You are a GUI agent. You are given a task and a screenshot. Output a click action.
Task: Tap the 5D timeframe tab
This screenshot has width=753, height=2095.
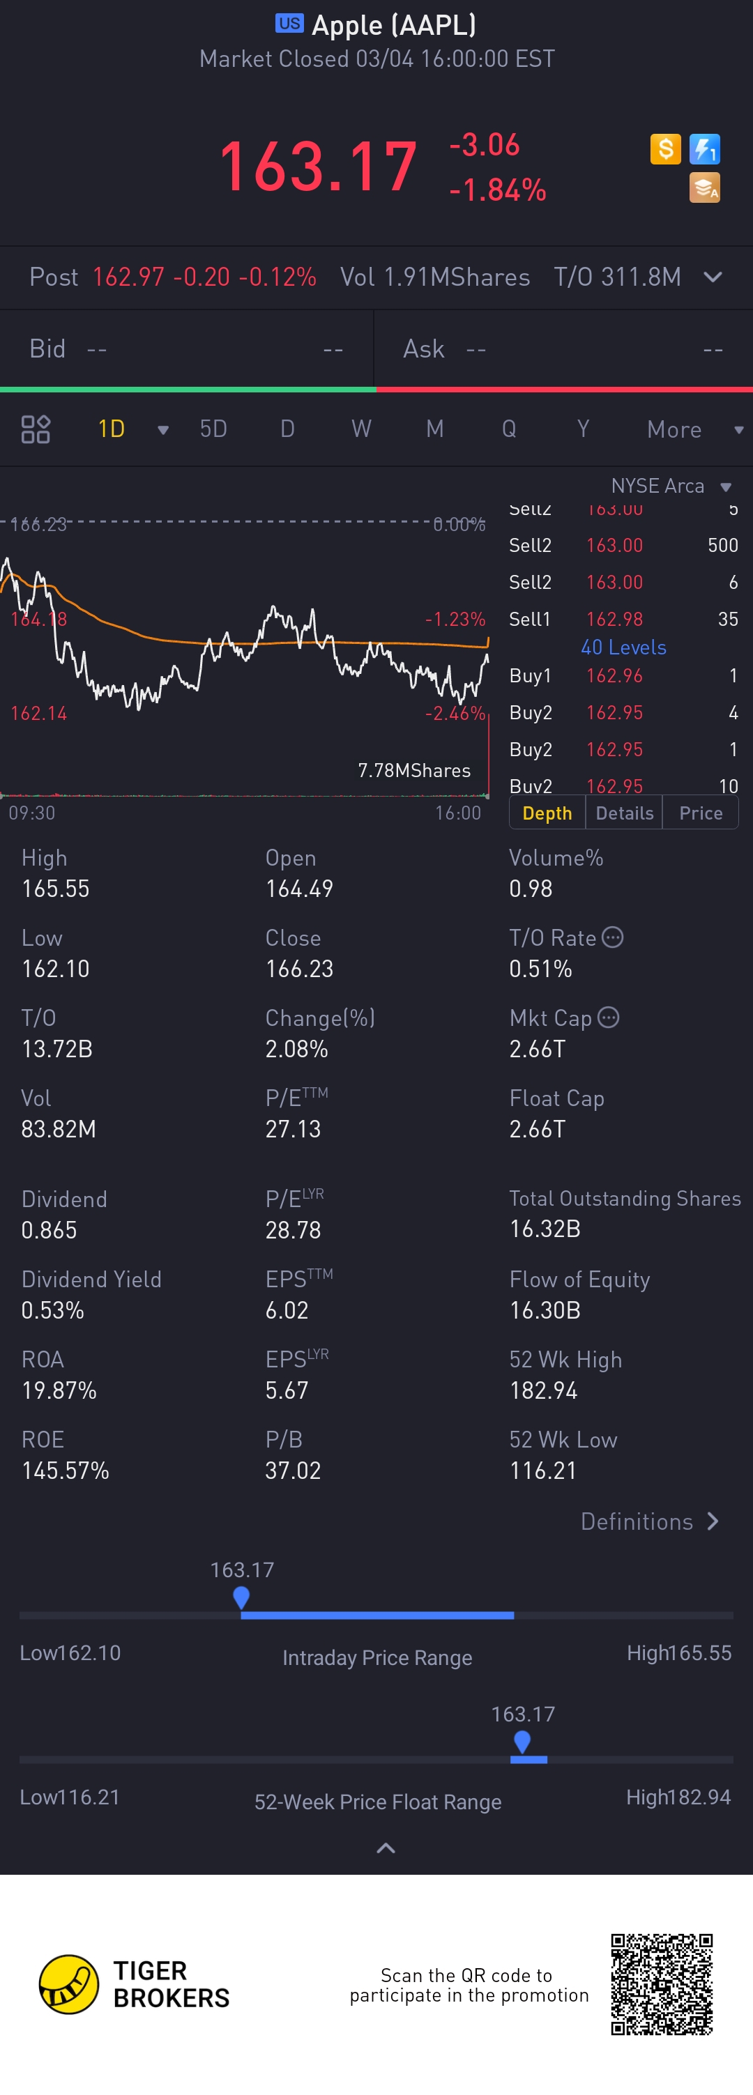213,429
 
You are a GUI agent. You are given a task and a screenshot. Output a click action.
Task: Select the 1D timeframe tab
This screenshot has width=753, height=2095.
112,429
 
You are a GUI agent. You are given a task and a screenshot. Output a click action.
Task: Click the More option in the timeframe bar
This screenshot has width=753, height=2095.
674,429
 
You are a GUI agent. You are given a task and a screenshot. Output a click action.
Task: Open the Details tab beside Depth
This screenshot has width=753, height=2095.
624,813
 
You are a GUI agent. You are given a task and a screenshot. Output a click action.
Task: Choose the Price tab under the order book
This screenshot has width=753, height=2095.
700,813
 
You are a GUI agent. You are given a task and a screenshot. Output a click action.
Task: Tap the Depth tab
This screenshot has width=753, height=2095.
547,813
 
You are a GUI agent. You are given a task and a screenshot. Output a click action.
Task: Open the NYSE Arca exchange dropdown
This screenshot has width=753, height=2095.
670,486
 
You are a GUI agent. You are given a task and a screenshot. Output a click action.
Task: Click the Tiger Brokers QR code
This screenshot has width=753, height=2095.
661,1983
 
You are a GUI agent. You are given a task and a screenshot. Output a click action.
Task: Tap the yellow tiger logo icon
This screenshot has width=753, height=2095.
69,1983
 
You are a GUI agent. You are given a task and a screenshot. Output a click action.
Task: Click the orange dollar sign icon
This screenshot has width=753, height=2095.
665,149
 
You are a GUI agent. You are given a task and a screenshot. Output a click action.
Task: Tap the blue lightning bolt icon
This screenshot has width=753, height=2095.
704,149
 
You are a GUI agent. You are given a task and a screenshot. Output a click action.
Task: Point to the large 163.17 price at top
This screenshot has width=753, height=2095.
318,167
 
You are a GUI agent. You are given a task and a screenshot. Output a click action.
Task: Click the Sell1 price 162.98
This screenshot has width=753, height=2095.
614,619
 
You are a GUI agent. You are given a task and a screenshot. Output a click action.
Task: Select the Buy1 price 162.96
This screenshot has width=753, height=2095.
614,676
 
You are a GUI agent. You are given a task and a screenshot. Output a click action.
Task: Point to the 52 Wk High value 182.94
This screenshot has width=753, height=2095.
543,1390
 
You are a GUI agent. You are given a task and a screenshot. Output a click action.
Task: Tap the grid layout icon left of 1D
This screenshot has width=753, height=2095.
36,429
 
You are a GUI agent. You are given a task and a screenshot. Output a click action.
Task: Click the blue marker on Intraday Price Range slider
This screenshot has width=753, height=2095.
241,1597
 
